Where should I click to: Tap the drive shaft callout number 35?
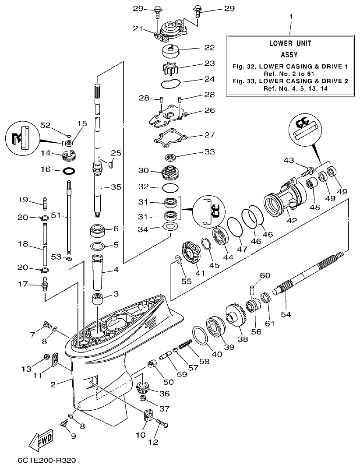[115, 187]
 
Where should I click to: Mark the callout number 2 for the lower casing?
[53, 384]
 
